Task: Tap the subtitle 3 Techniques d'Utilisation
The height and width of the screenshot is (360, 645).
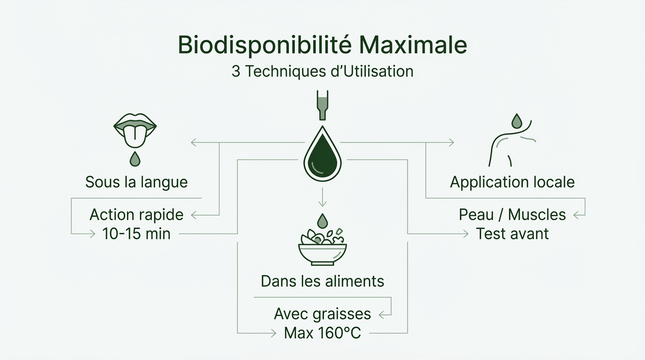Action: click(322, 72)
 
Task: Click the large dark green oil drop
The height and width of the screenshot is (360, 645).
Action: click(322, 155)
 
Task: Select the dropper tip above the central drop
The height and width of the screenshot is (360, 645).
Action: click(322, 105)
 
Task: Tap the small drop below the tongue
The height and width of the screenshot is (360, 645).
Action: click(135, 159)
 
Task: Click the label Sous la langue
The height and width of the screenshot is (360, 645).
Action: click(136, 182)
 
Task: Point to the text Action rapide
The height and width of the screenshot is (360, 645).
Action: click(136, 215)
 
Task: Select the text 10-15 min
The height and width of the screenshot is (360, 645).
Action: click(136, 233)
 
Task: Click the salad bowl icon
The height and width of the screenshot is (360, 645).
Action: click(322, 246)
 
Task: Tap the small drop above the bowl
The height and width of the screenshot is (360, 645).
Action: click(322, 220)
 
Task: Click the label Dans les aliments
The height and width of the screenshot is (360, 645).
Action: click(322, 281)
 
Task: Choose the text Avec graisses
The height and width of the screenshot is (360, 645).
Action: click(322, 314)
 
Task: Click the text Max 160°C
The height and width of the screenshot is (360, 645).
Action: click(322, 333)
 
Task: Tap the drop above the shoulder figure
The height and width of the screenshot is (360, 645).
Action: click(517, 120)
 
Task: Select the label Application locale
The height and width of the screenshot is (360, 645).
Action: click(512, 182)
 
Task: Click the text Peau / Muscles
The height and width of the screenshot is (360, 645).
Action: click(512, 215)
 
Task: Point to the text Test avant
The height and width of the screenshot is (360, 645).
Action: click(512, 233)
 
